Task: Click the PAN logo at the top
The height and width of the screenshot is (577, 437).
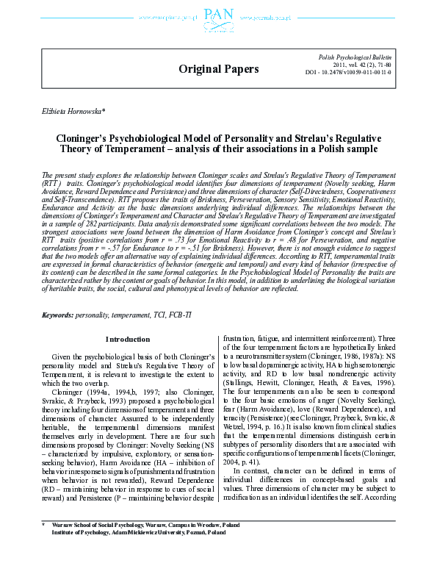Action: click(217, 16)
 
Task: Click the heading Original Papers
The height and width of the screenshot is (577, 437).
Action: click(219, 69)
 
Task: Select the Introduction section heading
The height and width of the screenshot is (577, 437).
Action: click(127, 340)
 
